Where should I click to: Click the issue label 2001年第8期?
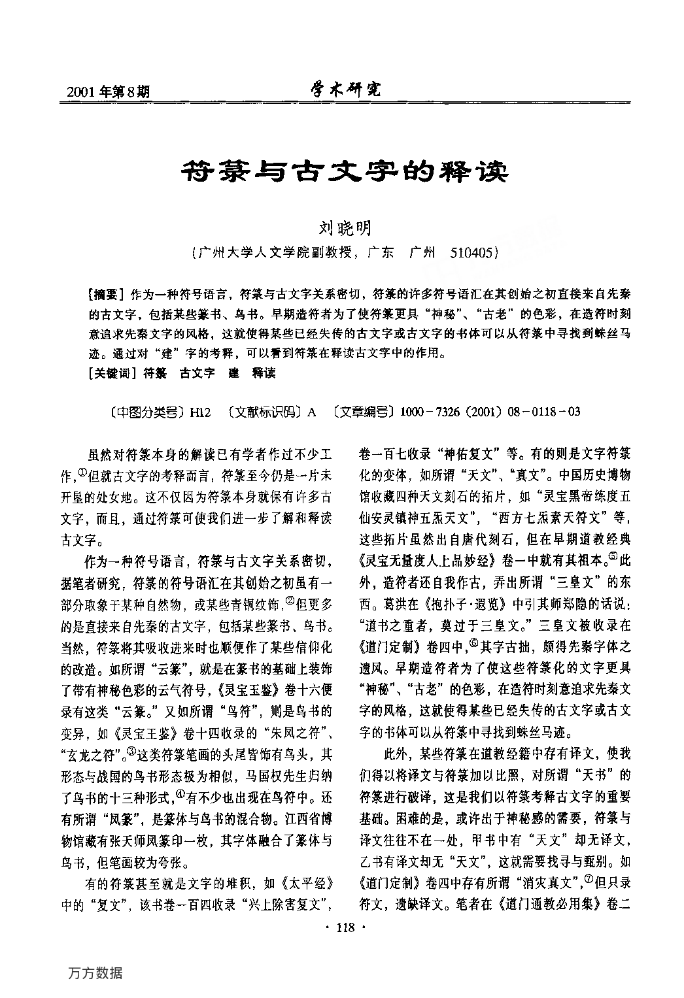coord(109,91)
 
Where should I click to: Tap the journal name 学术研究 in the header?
coord(345,90)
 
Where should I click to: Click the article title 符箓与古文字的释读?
coord(344,173)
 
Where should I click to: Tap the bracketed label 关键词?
coord(112,373)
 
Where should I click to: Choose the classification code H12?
coord(200,412)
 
